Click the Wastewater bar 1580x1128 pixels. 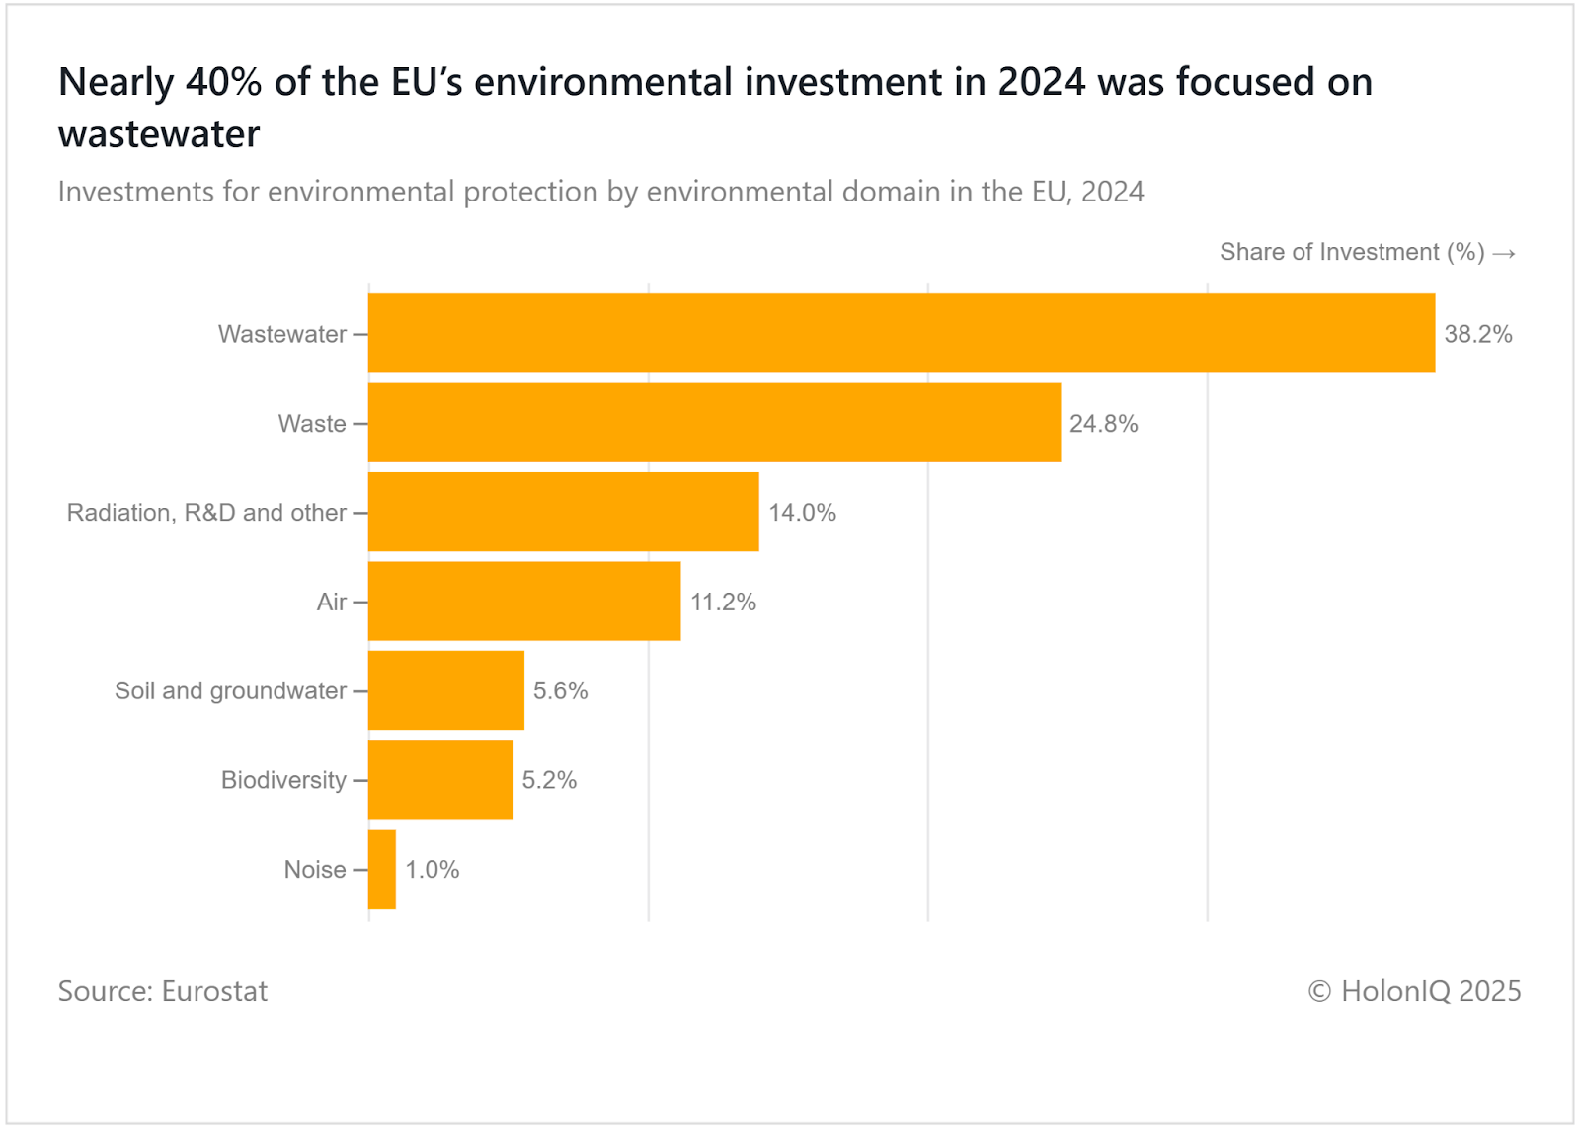pyautogui.click(x=901, y=333)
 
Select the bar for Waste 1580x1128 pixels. pyautogui.click(x=714, y=423)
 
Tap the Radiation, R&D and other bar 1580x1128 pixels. pyautogui.click(x=563, y=512)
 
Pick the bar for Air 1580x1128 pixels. pyautogui.click(x=524, y=602)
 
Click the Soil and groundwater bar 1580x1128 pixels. pyautogui.click(x=445, y=690)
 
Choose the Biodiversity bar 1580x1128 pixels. pyautogui.click(x=440, y=779)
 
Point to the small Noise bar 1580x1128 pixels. pyautogui.click(x=382, y=869)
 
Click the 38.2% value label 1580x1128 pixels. pyautogui.click(x=1477, y=334)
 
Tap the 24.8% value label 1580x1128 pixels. pyautogui.click(x=1103, y=424)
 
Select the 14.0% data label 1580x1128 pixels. pyautogui.click(x=802, y=513)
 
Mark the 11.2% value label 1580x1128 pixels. pyautogui.click(x=723, y=603)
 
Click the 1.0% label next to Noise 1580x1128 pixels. pyautogui.click(x=432, y=870)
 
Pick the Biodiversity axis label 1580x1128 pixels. pyautogui.click(x=283, y=780)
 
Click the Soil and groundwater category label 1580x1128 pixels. pyautogui.click(x=230, y=690)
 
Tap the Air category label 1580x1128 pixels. pyautogui.click(x=331, y=602)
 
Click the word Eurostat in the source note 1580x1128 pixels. pyautogui.click(x=214, y=991)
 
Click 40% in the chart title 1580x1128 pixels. pyautogui.click(x=223, y=82)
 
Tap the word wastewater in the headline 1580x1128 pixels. pyautogui.click(x=159, y=134)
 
